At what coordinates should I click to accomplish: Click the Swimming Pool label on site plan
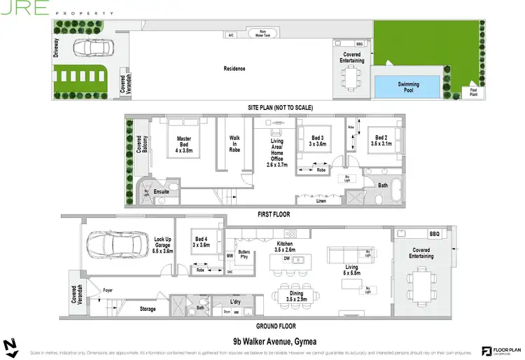(408, 87)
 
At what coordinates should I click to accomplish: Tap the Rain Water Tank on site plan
(262, 34)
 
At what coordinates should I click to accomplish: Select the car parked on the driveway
(92, 48)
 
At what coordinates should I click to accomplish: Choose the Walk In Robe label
(234, 144)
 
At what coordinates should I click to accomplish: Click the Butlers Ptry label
(244, 254)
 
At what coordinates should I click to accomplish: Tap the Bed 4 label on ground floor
(201, 242)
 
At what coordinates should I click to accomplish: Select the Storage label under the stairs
(147, 308)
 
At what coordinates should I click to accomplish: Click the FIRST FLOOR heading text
(274, 214)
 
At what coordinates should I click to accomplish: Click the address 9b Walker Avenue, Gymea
(273, 341)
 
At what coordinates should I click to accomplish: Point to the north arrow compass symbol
(10, 347)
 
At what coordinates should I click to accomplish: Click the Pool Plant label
(474, 92)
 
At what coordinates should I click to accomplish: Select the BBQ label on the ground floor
(433, 233)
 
